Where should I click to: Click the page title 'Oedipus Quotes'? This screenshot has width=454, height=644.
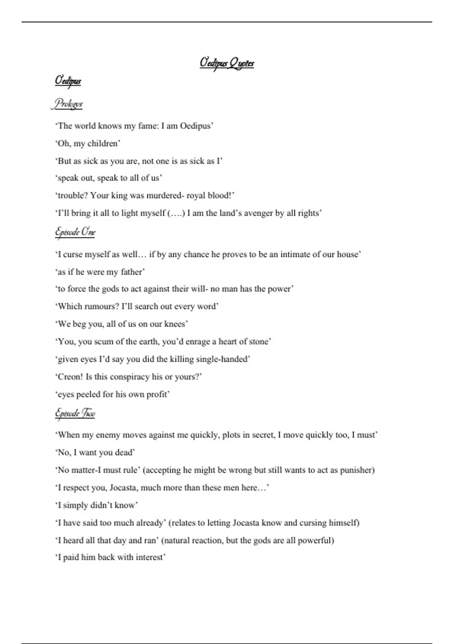point(227,63)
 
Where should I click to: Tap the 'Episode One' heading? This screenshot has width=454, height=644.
point(75,231)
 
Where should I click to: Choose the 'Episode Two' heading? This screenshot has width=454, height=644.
point(75,413)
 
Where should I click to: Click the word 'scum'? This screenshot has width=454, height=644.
point(104,342)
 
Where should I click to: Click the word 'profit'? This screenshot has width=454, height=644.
point(156,394)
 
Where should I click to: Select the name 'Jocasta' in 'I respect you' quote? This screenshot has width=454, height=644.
point(123,488)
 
